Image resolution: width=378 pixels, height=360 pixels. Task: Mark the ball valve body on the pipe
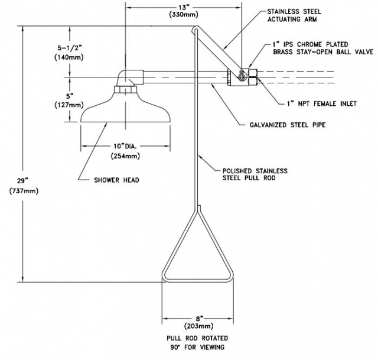tap(241, 77)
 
